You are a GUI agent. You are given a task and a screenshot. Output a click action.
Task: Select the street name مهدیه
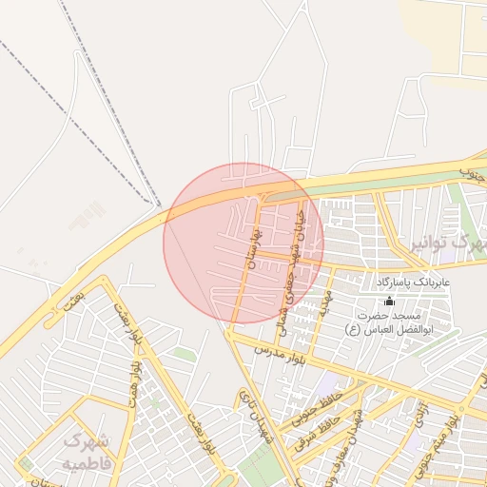click(326, 305)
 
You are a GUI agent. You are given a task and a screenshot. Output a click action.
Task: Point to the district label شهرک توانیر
click(446, 244)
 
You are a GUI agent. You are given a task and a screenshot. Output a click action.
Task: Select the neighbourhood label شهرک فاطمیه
click(88, 452)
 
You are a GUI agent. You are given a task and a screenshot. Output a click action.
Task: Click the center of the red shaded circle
click(243, 243)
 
